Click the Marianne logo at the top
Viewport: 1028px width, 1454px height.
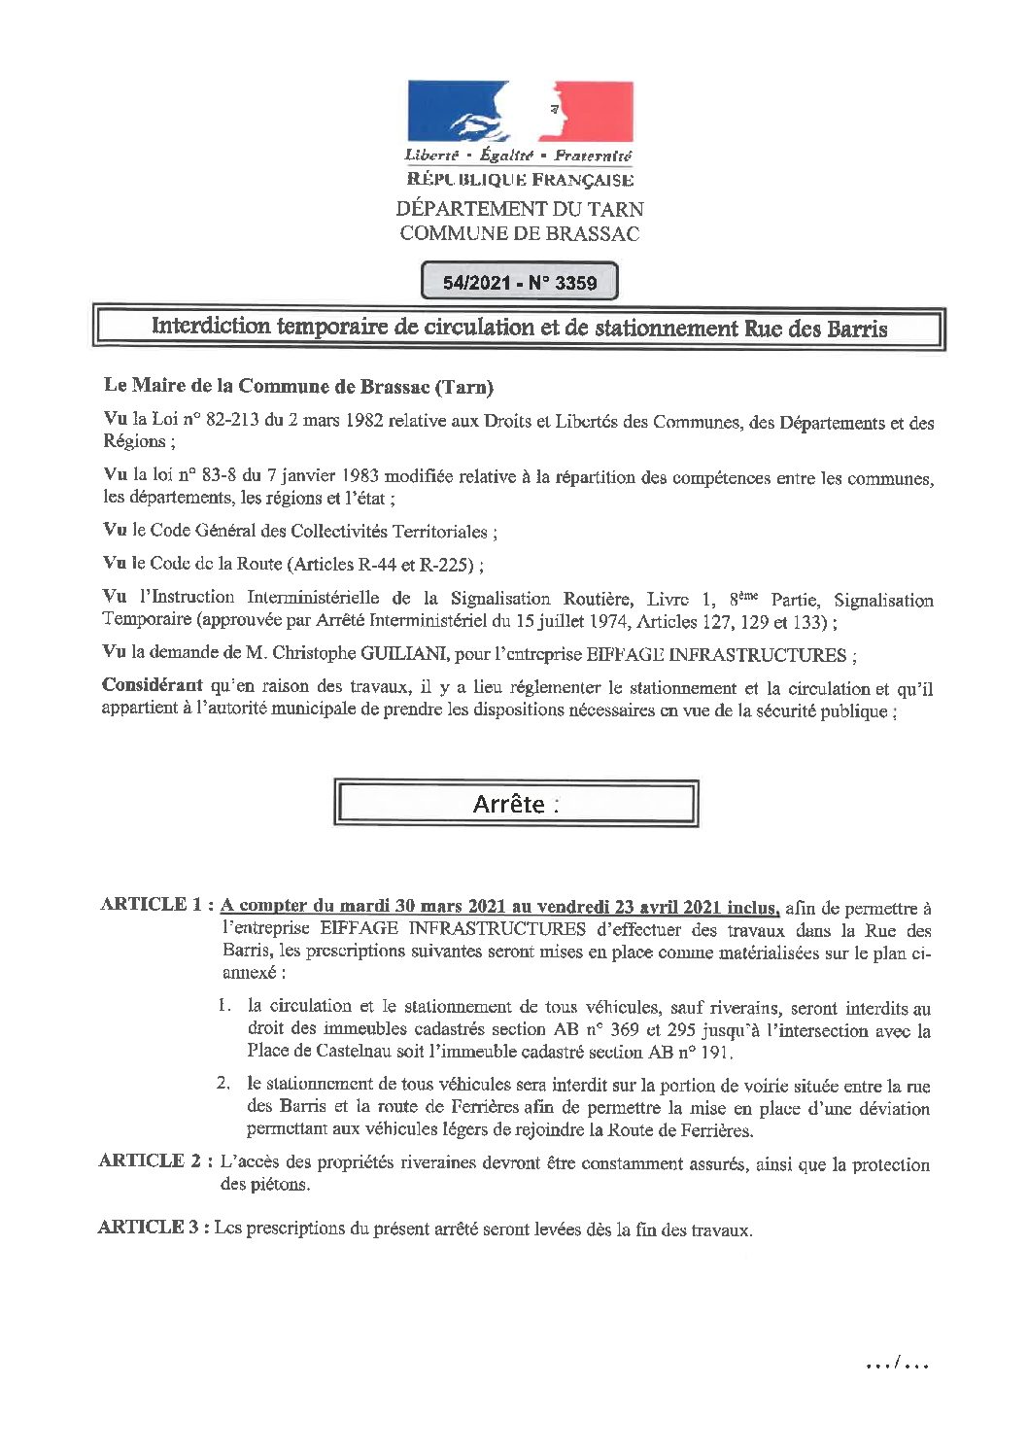520,111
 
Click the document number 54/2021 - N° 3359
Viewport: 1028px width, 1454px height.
520,283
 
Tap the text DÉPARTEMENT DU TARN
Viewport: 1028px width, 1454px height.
520,209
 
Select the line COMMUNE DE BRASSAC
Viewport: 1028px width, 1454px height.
520,233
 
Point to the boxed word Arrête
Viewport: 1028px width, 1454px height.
510,804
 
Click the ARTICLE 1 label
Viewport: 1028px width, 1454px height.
155,905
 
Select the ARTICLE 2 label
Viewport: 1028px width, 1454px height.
155,1160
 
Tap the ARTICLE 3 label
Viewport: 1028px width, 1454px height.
154,1228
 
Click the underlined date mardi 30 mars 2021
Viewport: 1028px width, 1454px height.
419,906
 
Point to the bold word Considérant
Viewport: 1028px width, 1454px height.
153,685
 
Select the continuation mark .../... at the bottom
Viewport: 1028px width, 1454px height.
898,1364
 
